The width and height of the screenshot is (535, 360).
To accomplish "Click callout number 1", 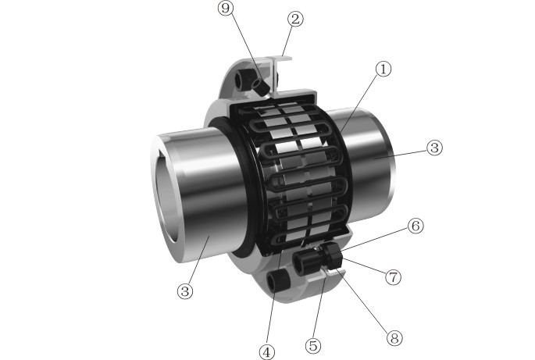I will [x=381, y=70].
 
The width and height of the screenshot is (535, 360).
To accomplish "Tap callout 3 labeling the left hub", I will [x=184, y=291].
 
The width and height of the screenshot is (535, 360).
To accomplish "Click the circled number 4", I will [x=268, y=352].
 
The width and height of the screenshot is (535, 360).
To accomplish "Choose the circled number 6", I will [x=416, y=226].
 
